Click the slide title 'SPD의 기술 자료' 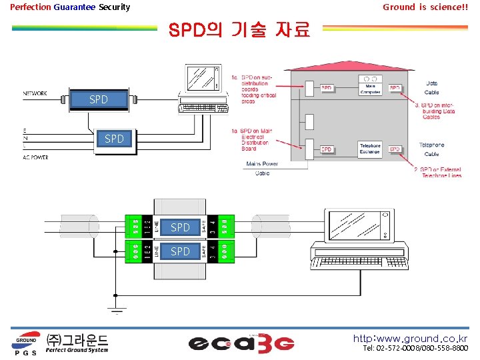pyautogui.click(x=239, y=30)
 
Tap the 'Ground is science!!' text pyautogui.click(x=425, y=7)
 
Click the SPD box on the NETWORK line pyautogui.click(x=98, y=99)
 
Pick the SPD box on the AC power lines pyautogui.click(x=114, y=139)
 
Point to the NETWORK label pyautogui.click(x=35, y=93)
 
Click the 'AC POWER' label pyautogui.click(x=36, y=157)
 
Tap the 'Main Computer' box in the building pyautogui.click(x=371, y=88)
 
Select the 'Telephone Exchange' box pyautogui.click(x=371, y=148)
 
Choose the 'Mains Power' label pyautogui.click(x=262, y=163)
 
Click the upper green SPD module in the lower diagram pyautogui.click(x=180, y=227)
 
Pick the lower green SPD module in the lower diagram pyautogui.click(x=180, y=251)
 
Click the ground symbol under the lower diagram pyautogui.click(x=116, y=309)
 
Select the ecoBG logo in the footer pyautogui.click(x=241, y=343)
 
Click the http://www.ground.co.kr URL pyautogui.click(x=410, y=339)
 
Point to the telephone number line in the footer pyautogui.click(x=415, y=349)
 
